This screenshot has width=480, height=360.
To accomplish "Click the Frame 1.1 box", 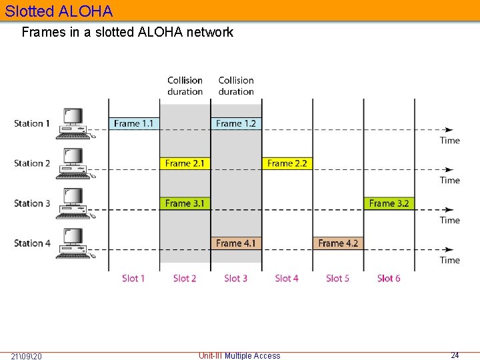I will click(x=134, y=123).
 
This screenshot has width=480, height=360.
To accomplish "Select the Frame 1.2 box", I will click(x=236, y=123).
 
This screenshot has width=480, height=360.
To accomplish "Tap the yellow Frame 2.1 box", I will click(x=185, y=163).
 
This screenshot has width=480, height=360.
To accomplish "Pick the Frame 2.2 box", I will click(x=287, y=163).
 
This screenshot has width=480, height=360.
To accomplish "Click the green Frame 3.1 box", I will click(x=185, y=203).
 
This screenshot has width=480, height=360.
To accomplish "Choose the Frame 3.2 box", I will click(x=389, y=203).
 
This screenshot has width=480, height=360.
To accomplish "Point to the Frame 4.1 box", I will click(x=236, y=243).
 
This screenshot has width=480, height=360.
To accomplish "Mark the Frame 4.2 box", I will click(x=338, y=243).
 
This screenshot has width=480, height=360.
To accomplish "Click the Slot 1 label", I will click(x=133, y=278).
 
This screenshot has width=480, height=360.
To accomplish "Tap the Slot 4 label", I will click(x=287, y=278).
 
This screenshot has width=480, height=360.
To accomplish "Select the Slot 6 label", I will click(x=389, y=278).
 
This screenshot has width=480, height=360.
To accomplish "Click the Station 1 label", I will click(x=32, y=123).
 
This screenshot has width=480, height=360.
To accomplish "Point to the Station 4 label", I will click(x=32, y=243).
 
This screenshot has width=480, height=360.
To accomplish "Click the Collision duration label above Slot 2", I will click(x=185, y=86).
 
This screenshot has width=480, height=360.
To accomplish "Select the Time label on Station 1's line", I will click(x=450, y=140).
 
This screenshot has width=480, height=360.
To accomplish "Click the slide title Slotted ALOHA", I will click(x=59, y=11).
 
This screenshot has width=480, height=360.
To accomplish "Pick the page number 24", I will click(x=455, y=355).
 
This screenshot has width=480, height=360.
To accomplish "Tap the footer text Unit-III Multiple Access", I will click(x=239, y=356).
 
